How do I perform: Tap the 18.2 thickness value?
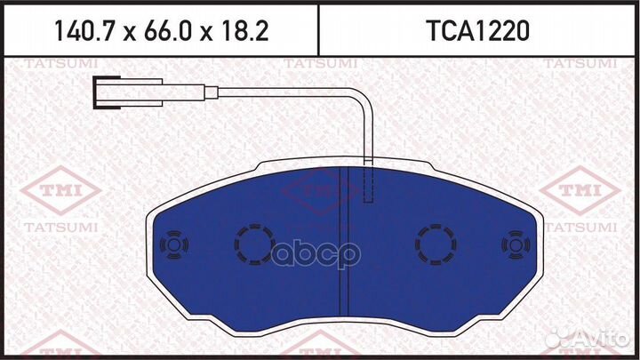tap(243, 32)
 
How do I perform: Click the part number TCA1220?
tap(478, 32)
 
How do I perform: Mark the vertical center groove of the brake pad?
tap(343, 240)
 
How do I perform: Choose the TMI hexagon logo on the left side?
tap(52, 190)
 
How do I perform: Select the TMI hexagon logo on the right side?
tap(582, 190)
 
